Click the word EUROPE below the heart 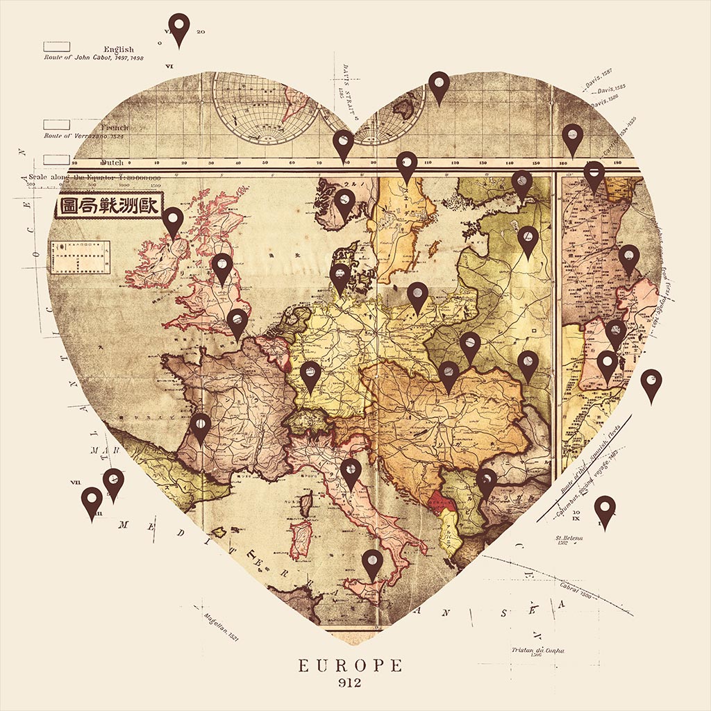[x=350, y=666]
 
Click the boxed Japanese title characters [x=109, y=206]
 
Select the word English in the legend [x=119, y=49]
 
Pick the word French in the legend [x=115, y=128]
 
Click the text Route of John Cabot [x=93, y=58]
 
